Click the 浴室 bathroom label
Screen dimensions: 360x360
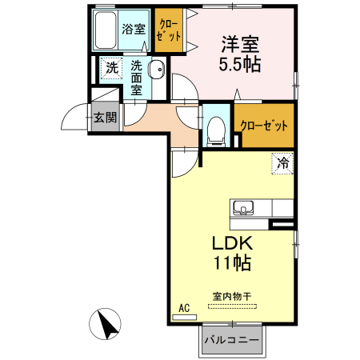[x=134, y=29]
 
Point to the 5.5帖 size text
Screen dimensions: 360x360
[x=241, y=63]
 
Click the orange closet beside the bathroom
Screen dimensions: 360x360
[x=168, y=30]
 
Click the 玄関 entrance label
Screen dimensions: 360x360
[x=105, y=118]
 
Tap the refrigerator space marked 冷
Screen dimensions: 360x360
[x=282, y=162]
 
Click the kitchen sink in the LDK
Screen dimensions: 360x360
[x=242, y=210]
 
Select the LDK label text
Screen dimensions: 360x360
[x=232, y=243]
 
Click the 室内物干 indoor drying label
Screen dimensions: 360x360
[x=232, y=297]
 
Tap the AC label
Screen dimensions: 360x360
[x=184, y=308]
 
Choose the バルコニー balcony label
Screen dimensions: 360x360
[x=231, y=341]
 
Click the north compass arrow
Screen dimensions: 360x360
[x=107, y=326]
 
